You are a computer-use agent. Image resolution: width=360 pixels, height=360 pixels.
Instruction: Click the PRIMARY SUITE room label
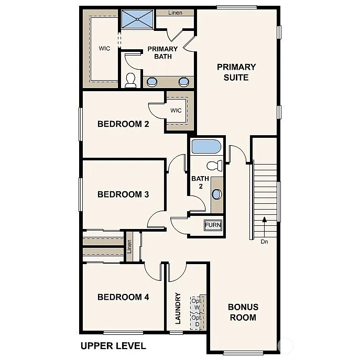click(236, 72)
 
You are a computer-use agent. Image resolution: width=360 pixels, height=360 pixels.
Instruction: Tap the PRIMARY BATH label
click(162, 52)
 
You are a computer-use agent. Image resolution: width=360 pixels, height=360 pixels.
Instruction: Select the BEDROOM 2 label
click(123, 124)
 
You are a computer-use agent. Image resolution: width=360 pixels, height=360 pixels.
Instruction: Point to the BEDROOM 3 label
click(123, 194)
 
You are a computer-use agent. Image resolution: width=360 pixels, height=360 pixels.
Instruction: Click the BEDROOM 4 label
click(123, 297)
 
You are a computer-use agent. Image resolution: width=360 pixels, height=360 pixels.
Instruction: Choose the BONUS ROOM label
click(243, 312)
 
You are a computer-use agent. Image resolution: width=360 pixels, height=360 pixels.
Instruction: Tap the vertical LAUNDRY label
click(178, 308)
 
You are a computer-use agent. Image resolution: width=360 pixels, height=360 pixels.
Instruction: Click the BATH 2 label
click(200, 182)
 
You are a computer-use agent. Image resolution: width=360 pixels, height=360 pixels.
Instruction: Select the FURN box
click(213, 225)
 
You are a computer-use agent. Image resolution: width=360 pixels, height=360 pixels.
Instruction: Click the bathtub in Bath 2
click(207, 146)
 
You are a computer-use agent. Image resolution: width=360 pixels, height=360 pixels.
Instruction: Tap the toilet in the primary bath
click(130, 80)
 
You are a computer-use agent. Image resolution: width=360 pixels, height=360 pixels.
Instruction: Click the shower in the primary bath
click(138, 20)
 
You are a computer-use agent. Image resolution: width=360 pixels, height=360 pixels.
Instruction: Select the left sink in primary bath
click(152, 81)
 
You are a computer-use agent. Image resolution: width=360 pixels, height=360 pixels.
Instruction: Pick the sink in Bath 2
click(217, 194)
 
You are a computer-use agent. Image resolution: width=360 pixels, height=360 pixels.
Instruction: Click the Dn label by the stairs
click(264, 242)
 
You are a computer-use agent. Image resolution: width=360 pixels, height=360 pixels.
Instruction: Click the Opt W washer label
click(197, 304)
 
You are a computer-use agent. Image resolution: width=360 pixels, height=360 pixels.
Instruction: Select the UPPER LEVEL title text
click(113, 346)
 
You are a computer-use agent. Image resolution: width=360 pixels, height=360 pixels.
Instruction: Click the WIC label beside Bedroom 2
click(176, 111)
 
